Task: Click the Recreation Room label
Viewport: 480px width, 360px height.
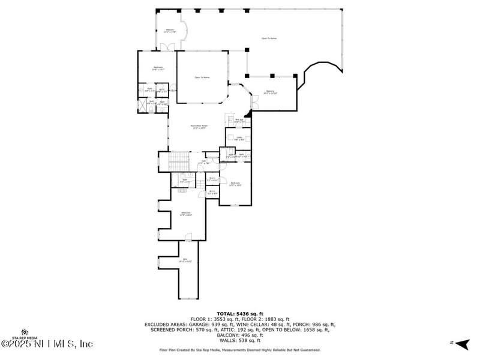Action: (x=198, y=127)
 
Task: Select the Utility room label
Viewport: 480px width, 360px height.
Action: (x=238, y=139)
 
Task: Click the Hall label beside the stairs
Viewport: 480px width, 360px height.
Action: (x=203, y=161)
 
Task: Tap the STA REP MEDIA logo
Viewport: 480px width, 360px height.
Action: (x=25, y=334)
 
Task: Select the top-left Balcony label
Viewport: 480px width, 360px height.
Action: (x=170, y=31)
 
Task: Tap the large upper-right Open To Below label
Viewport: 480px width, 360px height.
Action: (x=269, y=38)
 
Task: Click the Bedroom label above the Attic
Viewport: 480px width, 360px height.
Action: (x=186, y=214)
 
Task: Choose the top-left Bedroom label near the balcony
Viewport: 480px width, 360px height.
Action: (x=158, y=68)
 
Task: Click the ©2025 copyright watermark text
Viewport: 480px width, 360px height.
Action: (x=47, y=344)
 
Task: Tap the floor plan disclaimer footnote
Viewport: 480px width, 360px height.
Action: (x=240, y=350)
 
